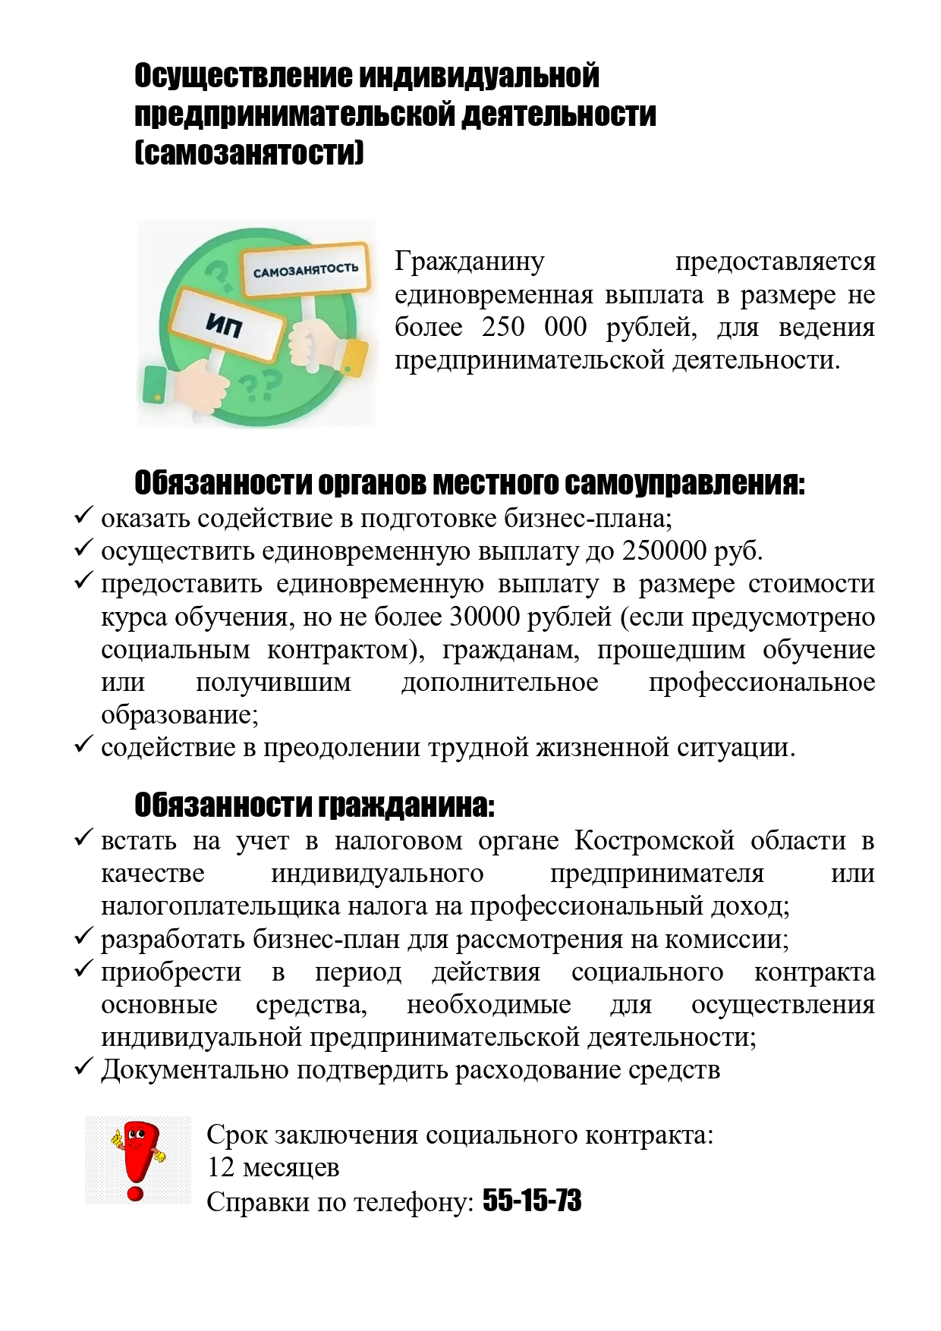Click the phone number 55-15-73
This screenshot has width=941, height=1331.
(532, 1201)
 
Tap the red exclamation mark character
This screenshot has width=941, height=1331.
(138, 1159)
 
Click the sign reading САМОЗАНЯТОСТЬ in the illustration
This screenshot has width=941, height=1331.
(305, 270)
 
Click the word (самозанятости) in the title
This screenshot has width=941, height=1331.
(249, 153)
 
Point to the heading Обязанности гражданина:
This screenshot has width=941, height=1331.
(314, 805)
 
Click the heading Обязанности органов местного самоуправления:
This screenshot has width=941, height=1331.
(469, 483)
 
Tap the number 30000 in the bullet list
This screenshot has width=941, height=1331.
(483, 617)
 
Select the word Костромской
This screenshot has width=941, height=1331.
(654, 840)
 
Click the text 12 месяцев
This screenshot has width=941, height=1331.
(273, 1167)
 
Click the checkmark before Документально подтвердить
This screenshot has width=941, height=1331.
(83, 1068)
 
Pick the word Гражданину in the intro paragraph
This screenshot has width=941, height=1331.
(470, 261)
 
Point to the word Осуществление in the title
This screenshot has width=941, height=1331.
(243, 76)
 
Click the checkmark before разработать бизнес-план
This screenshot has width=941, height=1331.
(83, 937)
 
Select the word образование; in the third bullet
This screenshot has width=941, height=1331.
(180, 715)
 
